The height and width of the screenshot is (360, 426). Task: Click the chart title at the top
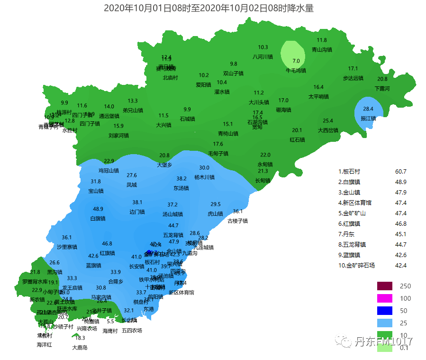pyautogui.click(x=209, y=8)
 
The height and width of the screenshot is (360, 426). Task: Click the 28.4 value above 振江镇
pyautogui.click(x=368, y=109)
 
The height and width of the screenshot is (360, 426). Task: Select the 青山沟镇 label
pyautogui.click(x=322, y=49)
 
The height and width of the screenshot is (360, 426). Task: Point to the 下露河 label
pyautogui.click(x=382, y=88)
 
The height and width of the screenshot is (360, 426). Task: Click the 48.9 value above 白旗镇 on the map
pyautogui.click(x=98, y=209)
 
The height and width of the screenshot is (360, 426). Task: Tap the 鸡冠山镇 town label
pyautogui.click(x=109, y=170)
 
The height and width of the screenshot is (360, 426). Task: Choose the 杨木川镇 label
pyautogui.click(x=204, y=177)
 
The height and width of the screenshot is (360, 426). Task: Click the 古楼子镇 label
pyautogui.click(x=237, y=221)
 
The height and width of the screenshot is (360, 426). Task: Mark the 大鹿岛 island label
pyautogui.click(x=80, y=347)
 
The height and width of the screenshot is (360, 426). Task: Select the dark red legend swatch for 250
pyautogui.click(x=385, y=286)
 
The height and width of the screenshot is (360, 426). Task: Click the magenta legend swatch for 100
pyautogui.click(x=385, y=298)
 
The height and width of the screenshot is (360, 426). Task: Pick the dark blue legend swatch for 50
pyautogui.click(x=385, y=311)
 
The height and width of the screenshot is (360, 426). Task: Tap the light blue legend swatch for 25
pyautogui.click(x=385, y=323)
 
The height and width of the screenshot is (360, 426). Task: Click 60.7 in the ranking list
pyautogui.click(x=400, y=172)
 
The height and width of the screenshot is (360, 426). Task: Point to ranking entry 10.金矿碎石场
pyautogui.click(x=356, y=266)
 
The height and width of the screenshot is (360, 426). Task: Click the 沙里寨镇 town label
pyautogui.click(x=67, y=247)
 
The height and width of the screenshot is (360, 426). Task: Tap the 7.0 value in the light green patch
pyautogui.click(x=296, y=61)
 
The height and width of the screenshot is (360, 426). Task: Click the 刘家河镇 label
pyautogui.click(x=118, y=136)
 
